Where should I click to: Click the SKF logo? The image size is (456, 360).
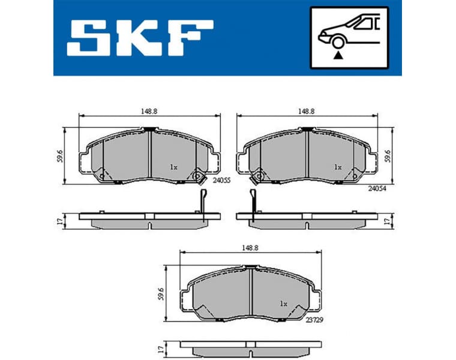pyautogui.click(x=139, y=38)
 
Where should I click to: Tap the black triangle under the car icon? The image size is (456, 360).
pyautogui.click(x=338, y=55)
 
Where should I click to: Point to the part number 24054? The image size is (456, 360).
pyautogui.click(x=376, y=187)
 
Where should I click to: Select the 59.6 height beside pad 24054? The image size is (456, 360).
pyautogui.click(x=388, y=156)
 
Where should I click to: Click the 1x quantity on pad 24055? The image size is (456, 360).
pyautogui.click(x=173, y=167)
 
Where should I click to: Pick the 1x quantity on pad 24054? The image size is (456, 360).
pyautogui.click(x=338, y=167)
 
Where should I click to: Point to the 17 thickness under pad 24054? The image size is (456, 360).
pyautogui.click(x=388, y=220)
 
